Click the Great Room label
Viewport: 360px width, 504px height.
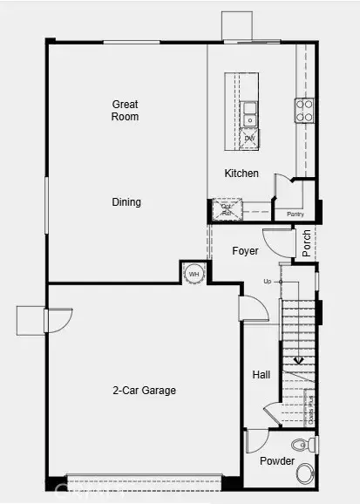point(126,110)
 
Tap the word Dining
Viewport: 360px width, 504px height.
point(126,202)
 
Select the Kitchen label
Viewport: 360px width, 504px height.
point(241,174)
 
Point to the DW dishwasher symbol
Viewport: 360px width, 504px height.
point(249,138)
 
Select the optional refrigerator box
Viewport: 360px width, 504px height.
point(225,209)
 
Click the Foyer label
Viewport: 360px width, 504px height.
point(245,251)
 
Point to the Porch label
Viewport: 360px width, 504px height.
point(306,242)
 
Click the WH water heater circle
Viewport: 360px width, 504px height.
point(194,273)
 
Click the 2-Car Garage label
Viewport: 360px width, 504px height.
point(144,391)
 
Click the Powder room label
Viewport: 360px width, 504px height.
point(276,460)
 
